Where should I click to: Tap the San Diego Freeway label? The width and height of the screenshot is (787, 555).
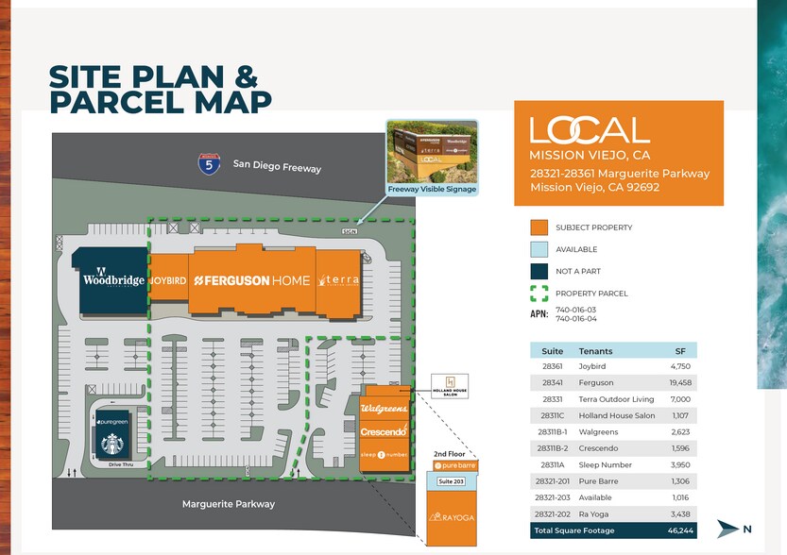point(277,167)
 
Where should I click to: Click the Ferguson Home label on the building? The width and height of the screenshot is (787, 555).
point(251,280)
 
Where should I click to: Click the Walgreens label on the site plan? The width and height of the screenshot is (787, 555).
point(385,409)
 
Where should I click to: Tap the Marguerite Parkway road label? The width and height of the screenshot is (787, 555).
point(229,504)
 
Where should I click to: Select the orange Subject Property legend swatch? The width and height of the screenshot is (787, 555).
point(539,227)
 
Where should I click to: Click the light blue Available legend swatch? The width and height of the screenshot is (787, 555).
point(539,249)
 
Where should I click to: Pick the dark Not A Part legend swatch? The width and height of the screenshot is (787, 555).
point(539,271)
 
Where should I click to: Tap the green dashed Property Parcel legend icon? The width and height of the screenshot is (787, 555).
point(539,294)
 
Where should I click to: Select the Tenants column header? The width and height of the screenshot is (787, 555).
point(595,350)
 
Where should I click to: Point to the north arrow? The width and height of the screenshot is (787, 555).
point(728,529)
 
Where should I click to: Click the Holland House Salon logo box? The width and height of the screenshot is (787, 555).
point(450,386)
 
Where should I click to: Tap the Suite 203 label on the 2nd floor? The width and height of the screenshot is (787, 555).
point(452,482)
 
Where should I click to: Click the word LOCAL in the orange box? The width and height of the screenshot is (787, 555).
point(590,130)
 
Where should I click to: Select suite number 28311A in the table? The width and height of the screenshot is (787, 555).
point(552,464)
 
